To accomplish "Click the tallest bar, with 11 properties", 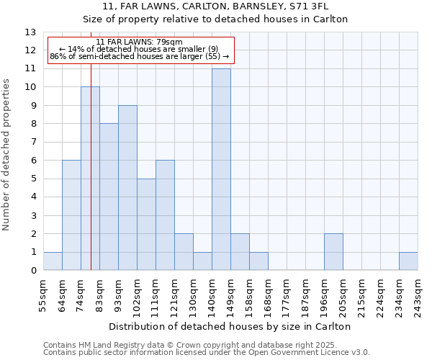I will (x=221, y=169).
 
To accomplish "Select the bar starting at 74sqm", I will (x=90, y=179).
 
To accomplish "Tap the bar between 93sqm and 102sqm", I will (x=127, y=188).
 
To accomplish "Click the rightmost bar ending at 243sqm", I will (x=408, y=261).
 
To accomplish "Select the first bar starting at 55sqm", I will (x=53, y=261).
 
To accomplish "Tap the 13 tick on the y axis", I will (x=30, y=32).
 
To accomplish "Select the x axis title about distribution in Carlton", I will (x=230, y=326).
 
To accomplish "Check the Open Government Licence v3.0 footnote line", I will (x=207, y=352).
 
